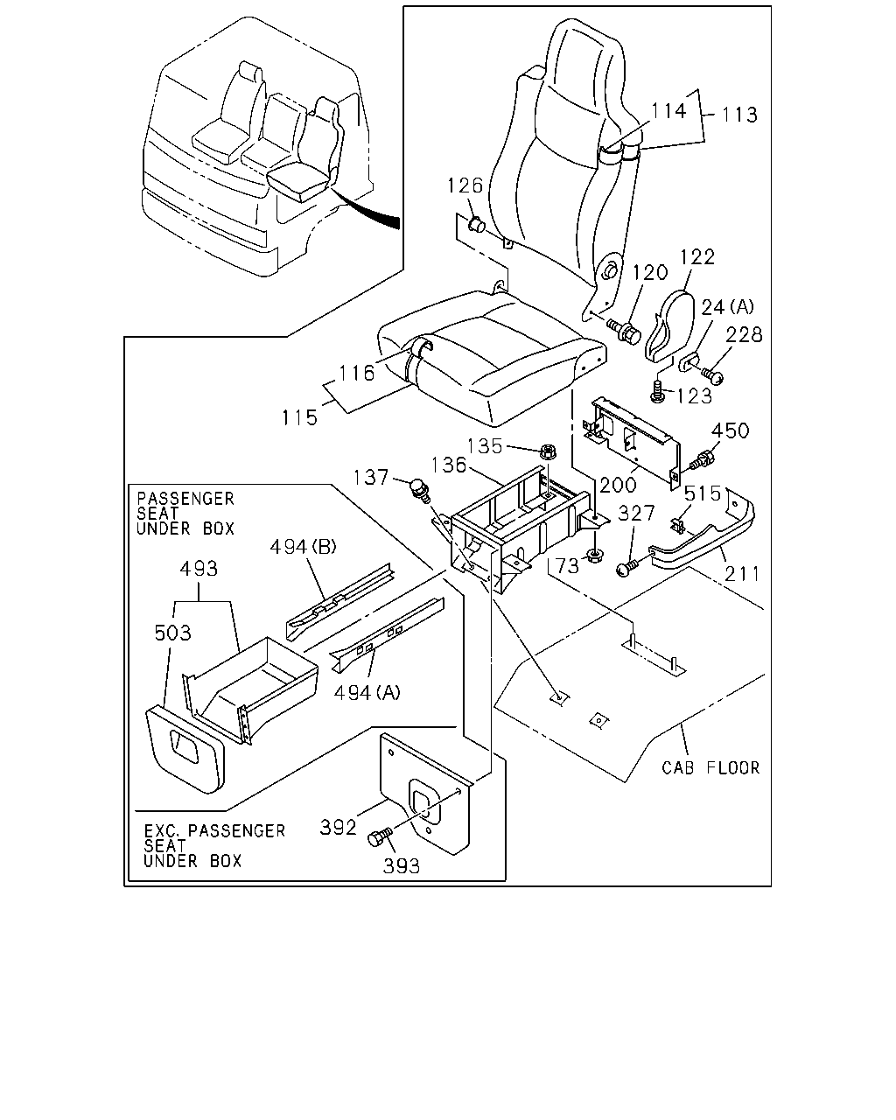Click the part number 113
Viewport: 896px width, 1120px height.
739,115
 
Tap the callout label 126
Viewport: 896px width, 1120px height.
465,185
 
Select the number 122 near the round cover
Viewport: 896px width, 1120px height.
697,257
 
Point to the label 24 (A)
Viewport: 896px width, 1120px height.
727,308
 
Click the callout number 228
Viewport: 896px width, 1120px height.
745,334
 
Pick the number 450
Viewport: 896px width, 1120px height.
731,430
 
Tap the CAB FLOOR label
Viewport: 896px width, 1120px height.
710,768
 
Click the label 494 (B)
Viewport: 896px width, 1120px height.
304,547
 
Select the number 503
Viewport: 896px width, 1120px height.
173,633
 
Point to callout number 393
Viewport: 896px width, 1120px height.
402,866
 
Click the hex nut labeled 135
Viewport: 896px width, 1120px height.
548,451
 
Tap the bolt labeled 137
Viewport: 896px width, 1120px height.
420,490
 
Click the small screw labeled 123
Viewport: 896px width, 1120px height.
657,391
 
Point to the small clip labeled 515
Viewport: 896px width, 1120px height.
677,525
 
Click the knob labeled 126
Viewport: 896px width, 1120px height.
476,226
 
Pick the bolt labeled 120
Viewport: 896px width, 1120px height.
624,331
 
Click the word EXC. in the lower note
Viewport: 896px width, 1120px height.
164,830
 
